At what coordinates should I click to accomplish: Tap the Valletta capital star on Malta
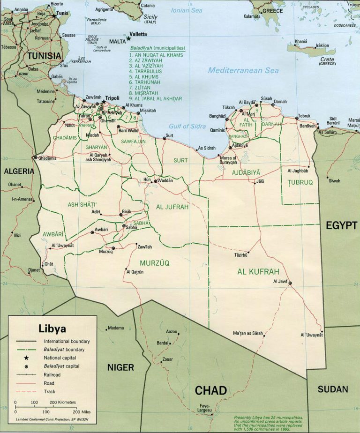coord(128,38)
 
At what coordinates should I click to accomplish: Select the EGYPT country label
coord(341,226)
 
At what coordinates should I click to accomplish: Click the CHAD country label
coord(210,390)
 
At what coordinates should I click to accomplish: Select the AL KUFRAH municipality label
coord(258,271)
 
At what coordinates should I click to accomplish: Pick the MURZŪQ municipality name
coord(154,263)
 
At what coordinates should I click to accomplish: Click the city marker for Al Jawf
coord(290,283)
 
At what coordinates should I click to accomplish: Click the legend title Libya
coord(52,328)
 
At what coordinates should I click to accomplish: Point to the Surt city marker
coord(165,138)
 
